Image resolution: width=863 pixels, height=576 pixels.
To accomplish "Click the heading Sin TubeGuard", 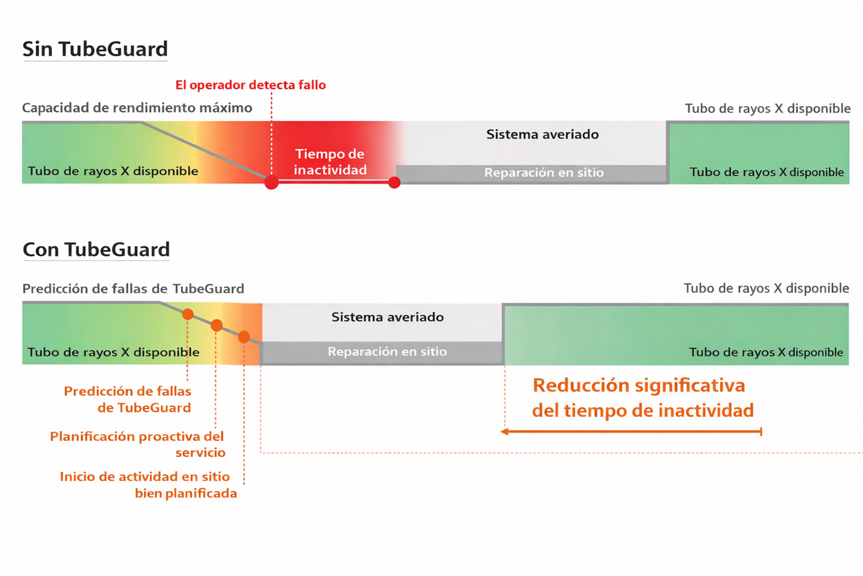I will [95, 49].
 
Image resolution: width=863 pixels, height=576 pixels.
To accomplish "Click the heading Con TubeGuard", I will [97, 249].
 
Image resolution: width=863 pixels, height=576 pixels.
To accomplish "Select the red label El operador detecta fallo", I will [250, 85].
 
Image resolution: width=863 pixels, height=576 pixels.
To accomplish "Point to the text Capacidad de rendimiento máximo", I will [137, 108].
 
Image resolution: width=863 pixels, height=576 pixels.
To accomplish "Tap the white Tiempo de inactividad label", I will [330, 162].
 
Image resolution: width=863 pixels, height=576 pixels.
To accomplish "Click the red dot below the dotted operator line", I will [271, 182].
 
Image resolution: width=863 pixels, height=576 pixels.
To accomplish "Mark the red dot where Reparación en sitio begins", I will [394, 182].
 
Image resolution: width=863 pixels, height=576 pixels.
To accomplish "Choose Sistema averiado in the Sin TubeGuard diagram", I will [542, 134].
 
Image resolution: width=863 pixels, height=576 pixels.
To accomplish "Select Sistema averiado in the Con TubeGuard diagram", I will [387, 317].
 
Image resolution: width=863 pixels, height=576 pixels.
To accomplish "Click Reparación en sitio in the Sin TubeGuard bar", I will [544, 172].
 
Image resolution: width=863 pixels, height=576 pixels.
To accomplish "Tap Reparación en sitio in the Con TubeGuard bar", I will [387, 352].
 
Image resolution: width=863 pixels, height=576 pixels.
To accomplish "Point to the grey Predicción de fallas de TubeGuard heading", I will [134, 289].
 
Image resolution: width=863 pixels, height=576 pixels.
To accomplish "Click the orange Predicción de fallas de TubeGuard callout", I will [128, 400].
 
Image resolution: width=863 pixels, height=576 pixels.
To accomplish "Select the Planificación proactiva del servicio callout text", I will [138, 444].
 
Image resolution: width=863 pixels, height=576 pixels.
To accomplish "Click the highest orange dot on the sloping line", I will [188, 314].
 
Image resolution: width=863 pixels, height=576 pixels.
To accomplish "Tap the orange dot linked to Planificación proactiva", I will [216, 325].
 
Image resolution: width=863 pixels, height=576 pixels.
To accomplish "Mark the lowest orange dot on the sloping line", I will [244, 337].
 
